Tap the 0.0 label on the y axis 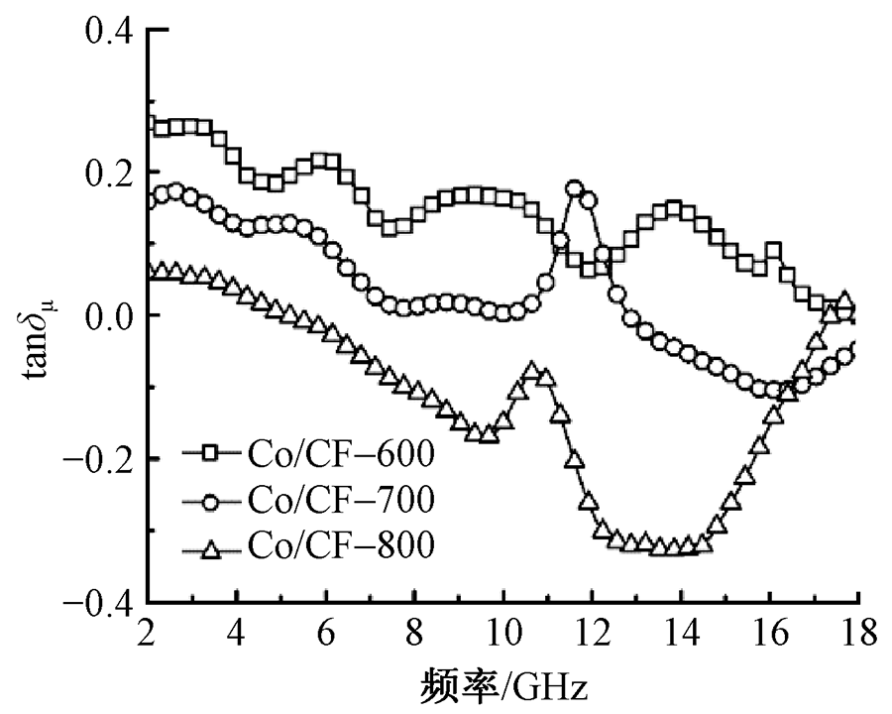(x=107, y=316)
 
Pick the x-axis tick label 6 (x=326, y=633)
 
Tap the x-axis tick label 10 (x=503, y=633)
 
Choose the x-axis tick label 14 (x=681, y=633)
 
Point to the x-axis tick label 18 (x=858, y=633)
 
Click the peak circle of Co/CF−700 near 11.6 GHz (x=575, y=188)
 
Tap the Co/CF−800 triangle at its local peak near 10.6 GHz (x=532, y=373)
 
